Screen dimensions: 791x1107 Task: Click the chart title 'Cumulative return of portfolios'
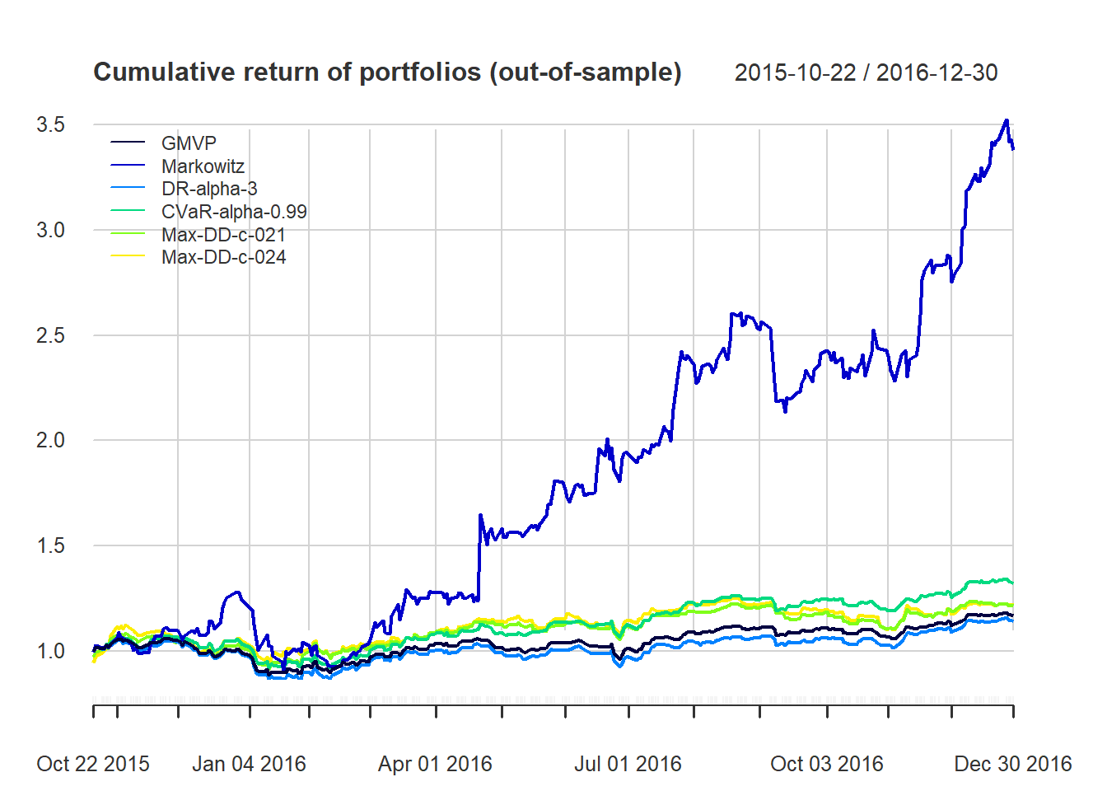(x=387, y=73)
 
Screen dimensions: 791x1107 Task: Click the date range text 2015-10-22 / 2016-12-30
(x=866, y=73)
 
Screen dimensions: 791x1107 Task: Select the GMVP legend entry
(x=189, y=143)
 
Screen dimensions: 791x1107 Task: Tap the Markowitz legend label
(x=203, y=166)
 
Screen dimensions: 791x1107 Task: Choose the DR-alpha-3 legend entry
(x=209, y=189)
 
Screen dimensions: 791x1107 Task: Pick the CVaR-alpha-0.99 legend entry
(x=234, y=212)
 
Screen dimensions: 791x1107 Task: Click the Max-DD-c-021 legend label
(x=223, y=235)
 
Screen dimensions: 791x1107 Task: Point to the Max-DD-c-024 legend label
(x=223, y=257)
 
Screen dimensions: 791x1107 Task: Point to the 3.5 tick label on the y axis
(x=50, y=124)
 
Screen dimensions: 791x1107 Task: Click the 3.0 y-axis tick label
(x=50, y=230)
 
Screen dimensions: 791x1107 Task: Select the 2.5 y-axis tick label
(x=50, y=335)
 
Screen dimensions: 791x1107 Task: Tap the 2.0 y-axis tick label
(x=50, y=440)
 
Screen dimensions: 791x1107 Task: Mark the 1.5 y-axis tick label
(x=50, y=545)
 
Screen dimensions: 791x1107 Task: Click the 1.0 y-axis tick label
(x=50, y=651)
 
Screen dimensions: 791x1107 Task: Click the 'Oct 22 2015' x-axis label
(x=93, y=764)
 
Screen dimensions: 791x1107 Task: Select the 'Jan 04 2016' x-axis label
(x=249, y=764)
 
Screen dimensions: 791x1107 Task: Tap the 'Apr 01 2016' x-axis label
(x=435, y=764)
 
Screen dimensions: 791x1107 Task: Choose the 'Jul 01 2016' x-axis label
(x=628, y=764)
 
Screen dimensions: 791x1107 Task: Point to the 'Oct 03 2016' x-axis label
(x=826, y=764)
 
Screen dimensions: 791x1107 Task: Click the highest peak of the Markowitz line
(x=1006, y=120)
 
